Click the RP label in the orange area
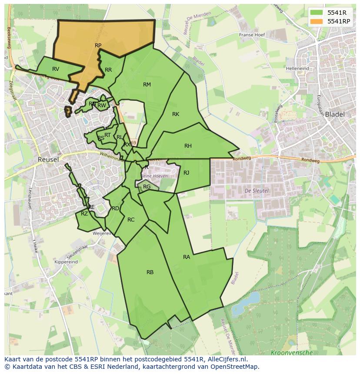point(98,45)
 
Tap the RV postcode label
point(56,69)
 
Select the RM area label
point(147,85)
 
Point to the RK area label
point(176,114)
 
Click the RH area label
point(188,146)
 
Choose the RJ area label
point(186,173)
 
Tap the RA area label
point(187,257)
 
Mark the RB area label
point(150,272)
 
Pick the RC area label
point(131,220)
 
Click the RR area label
point(108,70)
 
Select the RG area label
point(147,187)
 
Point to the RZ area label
point(84,214)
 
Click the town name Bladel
point(334,115)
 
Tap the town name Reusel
point(48,159)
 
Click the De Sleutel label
point(257,191)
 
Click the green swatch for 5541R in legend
point(317,12)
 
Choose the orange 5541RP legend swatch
point(317,21)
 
